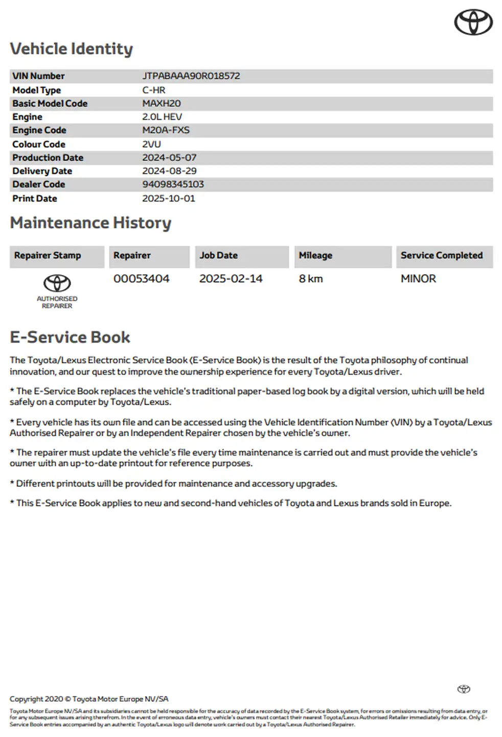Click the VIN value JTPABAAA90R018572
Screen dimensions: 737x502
click(191, 76)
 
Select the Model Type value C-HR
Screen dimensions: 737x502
click(153, 90)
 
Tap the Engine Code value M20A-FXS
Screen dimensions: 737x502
click(166, 130)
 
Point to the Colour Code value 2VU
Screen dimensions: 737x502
click(151, 144)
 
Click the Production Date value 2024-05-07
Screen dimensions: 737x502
click(169, 158)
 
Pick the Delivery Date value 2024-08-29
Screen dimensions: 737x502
click(169, 171)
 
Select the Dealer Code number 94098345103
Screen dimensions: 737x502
click(173, 184)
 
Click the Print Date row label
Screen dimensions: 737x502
click(35, 199)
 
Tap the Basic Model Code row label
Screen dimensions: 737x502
click(50, 103)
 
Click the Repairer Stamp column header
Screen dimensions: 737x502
click(48, 255)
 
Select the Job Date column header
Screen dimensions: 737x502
click(218, 255)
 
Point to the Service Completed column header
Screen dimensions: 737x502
click(441, 255)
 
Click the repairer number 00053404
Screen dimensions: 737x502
click(141, 279)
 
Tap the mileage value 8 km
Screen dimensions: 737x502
click(311, 279)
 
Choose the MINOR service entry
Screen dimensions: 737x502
click(418, 279)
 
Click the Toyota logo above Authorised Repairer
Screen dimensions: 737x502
click(57, 283)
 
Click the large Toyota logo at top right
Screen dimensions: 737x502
click(473, 23)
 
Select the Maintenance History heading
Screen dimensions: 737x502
click(90, 223)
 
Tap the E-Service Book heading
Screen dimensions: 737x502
click(70, 337)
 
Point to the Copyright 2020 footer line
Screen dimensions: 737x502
click(88, 699)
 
